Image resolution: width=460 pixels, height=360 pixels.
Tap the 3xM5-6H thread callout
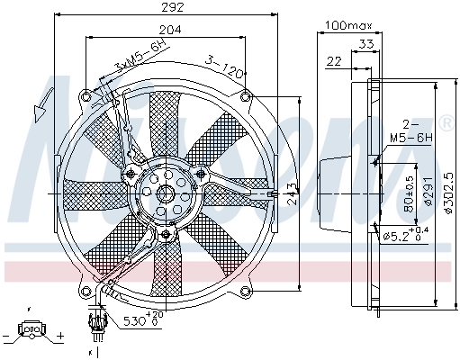pos(132,61)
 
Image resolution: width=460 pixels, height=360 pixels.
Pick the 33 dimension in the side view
pos(365,42)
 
